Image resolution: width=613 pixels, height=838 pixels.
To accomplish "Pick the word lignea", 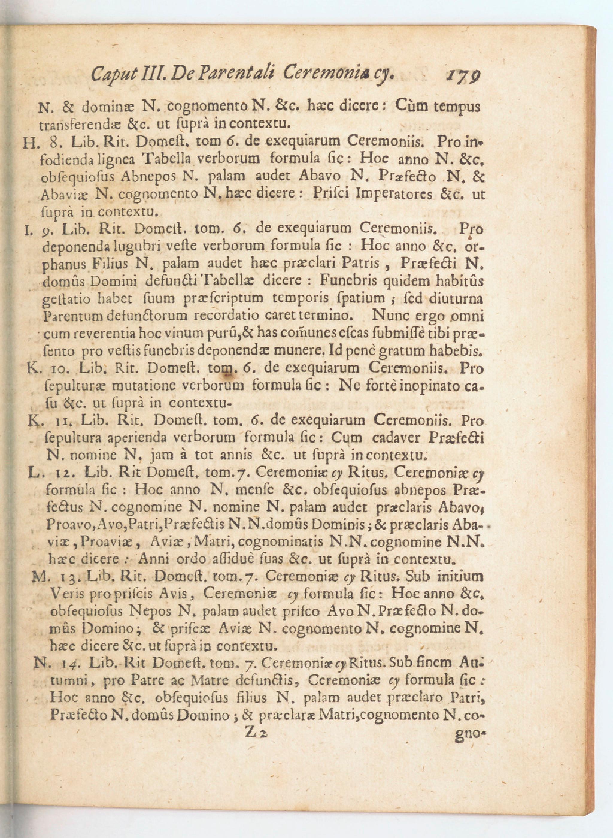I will [120, 159].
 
